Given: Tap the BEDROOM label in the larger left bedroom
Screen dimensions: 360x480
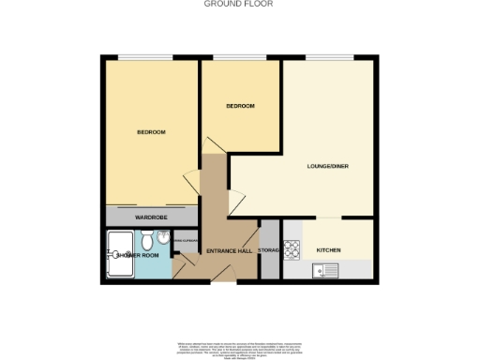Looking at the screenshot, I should pos(151,132).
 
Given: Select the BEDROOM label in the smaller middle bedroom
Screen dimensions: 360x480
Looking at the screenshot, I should pos(241,107).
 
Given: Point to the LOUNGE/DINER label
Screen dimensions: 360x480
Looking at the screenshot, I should pos(327,167).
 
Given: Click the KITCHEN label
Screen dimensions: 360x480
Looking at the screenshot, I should pos(328,250).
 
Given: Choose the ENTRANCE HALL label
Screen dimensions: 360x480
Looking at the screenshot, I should pos(229,252).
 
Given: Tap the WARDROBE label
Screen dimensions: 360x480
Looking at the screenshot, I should pos(150,217).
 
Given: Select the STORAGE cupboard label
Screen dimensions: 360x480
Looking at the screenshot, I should pos(269,250).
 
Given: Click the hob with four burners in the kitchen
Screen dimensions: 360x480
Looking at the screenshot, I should pos(291,249).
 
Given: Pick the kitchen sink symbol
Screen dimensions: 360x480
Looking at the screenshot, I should pos(326,271).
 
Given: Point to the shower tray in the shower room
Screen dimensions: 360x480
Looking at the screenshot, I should pos(121,254).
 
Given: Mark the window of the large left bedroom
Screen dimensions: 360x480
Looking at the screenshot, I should pos(150,58).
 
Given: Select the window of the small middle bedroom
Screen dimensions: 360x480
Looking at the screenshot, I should pos(241,58).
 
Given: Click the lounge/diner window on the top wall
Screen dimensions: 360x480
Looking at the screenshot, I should pos(327,58).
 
